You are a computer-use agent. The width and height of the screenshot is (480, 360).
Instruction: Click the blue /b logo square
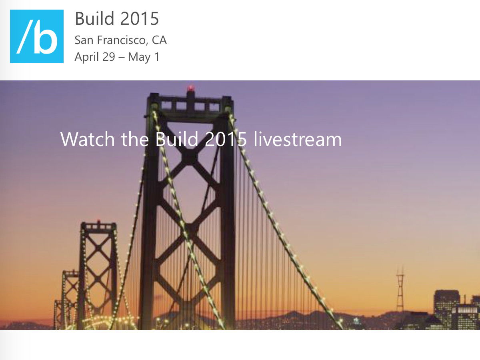37,36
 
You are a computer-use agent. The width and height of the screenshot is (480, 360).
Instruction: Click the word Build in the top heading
95,18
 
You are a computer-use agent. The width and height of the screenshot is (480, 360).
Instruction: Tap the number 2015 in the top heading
140,18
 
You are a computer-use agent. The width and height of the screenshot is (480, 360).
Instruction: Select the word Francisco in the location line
121,40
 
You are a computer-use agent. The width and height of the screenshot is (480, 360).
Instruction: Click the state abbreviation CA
159,40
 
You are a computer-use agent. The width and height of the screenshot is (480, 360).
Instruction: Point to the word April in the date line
87,57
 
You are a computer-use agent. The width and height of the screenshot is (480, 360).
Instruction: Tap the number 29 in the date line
109,57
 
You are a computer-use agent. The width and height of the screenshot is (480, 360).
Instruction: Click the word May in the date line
139,57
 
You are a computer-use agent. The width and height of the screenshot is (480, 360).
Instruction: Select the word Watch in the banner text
88,139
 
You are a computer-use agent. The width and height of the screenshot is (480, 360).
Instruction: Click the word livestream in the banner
298,139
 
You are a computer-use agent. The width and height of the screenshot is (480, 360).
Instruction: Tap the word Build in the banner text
177,139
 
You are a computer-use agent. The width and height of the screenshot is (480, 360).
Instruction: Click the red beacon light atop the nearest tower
191,88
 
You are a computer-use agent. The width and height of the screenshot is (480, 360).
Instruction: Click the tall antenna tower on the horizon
400,289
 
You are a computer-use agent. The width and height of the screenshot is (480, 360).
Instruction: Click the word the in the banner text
135,139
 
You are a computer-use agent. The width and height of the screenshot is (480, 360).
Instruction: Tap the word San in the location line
84,40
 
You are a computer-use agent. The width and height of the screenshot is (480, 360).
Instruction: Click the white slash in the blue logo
25,36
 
